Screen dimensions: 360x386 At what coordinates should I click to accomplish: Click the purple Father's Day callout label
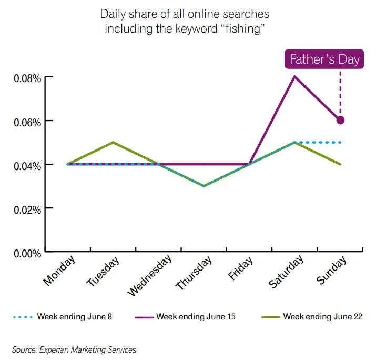coord(324,59)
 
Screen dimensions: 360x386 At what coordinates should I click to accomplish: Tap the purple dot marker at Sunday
coord(340,120)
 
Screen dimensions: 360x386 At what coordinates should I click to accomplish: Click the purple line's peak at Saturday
coord(294,76)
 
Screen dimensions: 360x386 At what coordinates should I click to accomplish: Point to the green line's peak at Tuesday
coord(113,142)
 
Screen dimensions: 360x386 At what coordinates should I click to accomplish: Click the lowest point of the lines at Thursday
coord(204,186)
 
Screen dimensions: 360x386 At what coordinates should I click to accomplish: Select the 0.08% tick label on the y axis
coord(27,79)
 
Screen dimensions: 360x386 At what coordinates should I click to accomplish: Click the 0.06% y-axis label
coord(27,123)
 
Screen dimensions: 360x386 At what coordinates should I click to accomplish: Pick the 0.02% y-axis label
coord(27,210)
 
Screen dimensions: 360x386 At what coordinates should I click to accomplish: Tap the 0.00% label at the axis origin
coord(27,254)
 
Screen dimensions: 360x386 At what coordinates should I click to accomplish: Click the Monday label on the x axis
coord(58,271)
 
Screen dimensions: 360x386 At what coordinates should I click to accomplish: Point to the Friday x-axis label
coord(241,268)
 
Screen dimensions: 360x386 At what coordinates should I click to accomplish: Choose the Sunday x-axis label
coord(332,270)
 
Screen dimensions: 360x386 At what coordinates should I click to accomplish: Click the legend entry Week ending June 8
coord(74,317)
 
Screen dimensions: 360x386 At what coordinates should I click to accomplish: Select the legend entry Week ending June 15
coord(196,317)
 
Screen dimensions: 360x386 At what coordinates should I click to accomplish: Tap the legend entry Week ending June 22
coord(322,317)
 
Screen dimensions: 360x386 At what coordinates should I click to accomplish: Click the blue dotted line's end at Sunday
coord(340,142)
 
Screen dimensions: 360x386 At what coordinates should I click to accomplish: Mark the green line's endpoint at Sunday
coord(340,164)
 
